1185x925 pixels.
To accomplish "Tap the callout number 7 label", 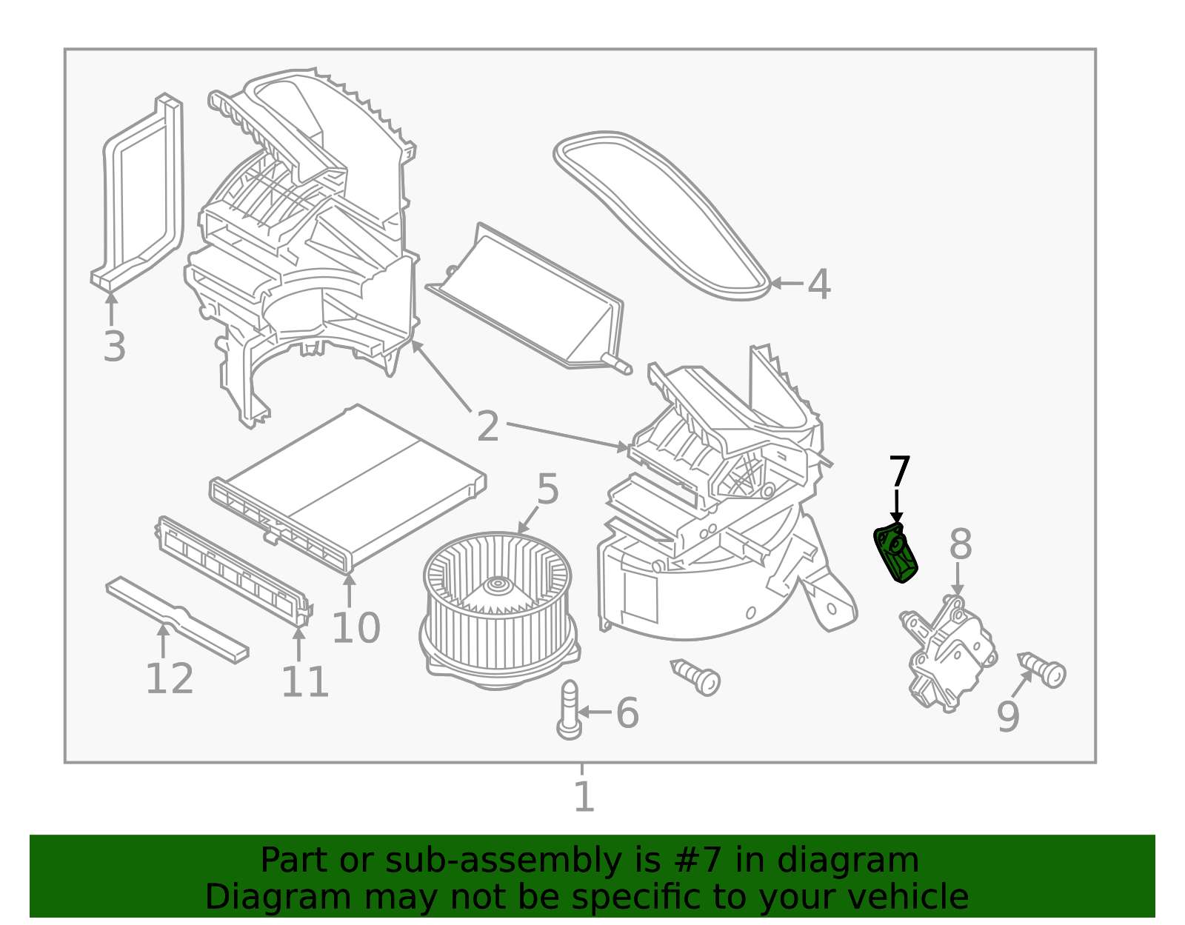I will pyautogui.click(x=899, y=472).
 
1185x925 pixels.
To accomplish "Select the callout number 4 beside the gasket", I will pyautogui.click(x=818, y=284).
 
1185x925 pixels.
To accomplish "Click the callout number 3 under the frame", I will pyautogui.click(x=114, y=347).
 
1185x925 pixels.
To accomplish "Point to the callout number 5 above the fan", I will pyautogui.click(x=547, y=490).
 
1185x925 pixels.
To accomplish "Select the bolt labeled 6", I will pyautogui.click(x=569, y=709).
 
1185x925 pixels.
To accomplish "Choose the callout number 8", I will pyautogui.click(x=960, y=545).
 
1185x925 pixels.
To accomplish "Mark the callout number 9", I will pyautogui.click(x=1008, y=716).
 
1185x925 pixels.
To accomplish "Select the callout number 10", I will pyautogui.click(x=355, y=628).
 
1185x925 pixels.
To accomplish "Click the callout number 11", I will pyautogui.click(x=304, y=682).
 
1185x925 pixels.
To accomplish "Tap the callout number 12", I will pyautogui.click(x=170, y=678).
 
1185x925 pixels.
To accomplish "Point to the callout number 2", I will pyautogui.click(x=487, y=427).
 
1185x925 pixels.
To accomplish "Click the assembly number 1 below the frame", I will pyautogui.click(x=584, y=797).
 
